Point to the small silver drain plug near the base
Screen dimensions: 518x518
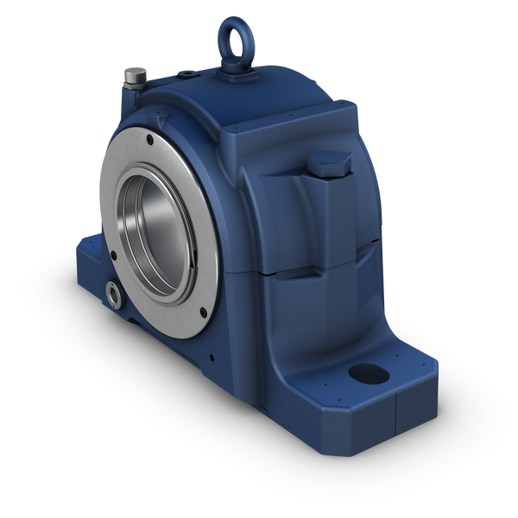(x=113, y=293)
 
